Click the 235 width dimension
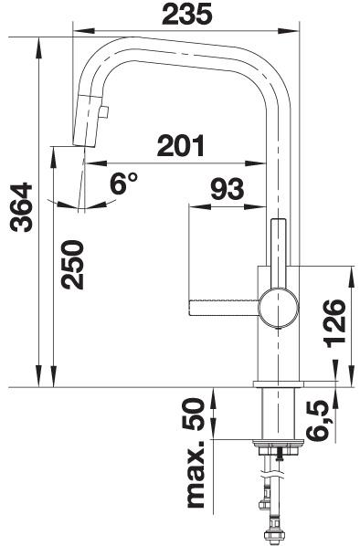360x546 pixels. (x=186, y=15)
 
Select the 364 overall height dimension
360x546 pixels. (x=22, y=207)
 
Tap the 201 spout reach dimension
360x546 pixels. (x=181, y=145)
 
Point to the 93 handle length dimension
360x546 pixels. (x=228, y=189)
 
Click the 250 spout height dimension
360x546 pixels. (x=72, y=265)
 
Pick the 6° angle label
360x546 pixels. (x=123, y=183)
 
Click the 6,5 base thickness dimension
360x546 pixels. (x=318, y=420)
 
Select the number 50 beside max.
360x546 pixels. (x=193, y=415)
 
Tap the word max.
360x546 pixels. (x=196, y=476)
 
